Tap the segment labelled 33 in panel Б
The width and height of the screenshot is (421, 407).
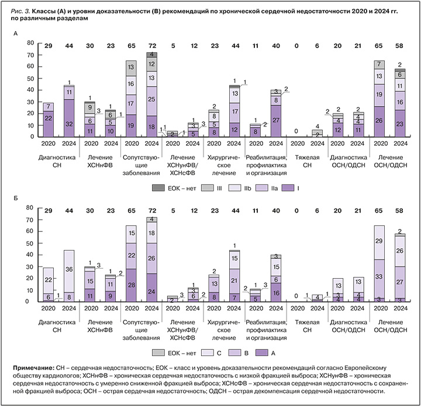[379, 277]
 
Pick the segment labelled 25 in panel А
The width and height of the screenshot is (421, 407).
[151, 100]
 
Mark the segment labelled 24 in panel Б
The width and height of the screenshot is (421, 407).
[151, 290]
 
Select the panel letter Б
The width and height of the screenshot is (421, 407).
[16, 200]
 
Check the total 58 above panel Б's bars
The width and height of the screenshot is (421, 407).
[400, 210]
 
